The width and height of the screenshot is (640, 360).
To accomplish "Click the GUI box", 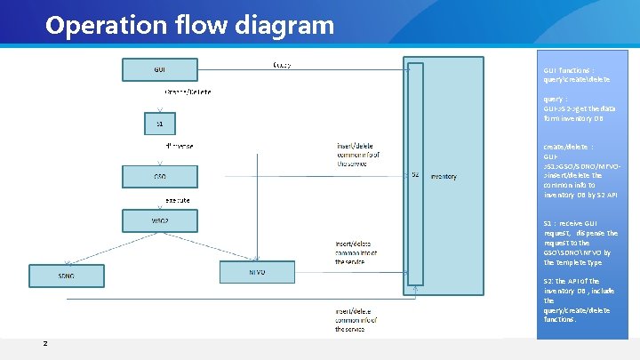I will click(160, 68).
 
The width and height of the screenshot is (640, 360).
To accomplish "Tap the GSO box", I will click(160, 177).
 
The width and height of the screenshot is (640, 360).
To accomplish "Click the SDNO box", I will click(67, 276).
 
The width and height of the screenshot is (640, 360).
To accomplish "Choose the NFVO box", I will click(257, 272).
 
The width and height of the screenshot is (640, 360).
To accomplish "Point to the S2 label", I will click(415, 174).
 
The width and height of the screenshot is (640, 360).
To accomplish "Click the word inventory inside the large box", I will click(444, 177).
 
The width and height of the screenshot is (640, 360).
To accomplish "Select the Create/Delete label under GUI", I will click(188, 92).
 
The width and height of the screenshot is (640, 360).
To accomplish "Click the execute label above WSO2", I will click(178, 200).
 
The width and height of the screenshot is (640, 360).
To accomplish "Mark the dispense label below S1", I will click(180, 145).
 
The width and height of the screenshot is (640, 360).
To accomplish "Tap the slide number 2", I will click(45, 344).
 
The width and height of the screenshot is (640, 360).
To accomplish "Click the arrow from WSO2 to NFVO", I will click(207, 244).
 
